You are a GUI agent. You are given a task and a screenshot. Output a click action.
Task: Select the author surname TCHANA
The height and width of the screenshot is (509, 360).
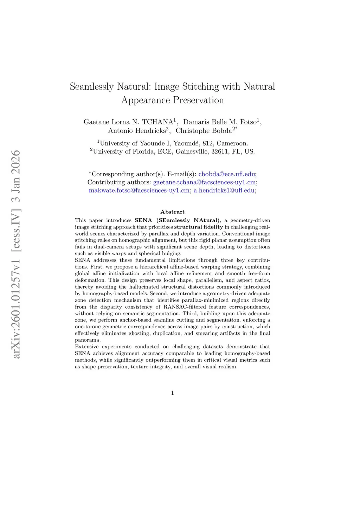[x=157, y=122]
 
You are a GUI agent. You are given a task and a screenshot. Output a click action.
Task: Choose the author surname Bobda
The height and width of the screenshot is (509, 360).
[x=221, y=131]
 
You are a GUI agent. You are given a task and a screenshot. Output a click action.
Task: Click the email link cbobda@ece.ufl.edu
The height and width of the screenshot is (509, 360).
[x=227, y=174]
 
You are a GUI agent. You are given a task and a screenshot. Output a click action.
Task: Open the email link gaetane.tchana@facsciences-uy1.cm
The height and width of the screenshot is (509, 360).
[x=204, y=182]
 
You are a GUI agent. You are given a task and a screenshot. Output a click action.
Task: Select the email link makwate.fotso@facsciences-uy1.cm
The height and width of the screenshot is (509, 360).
[x=139, y=191]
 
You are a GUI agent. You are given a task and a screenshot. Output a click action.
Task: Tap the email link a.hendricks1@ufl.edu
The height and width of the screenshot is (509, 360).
[x=224, y=191]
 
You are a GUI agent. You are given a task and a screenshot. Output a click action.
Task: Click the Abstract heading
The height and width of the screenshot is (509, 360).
[x=172, y=212]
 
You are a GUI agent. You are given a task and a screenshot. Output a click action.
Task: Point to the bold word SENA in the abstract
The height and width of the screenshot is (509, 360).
[x=143, y=220]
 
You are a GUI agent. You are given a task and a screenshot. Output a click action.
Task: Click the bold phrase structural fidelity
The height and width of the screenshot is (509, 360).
[x=198, y=227]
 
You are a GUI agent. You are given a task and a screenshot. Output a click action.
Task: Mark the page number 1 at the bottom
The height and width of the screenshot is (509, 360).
[x=172, y=393]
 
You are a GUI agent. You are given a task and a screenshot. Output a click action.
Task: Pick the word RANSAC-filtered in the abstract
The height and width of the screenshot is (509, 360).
[x=185, y=307]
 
